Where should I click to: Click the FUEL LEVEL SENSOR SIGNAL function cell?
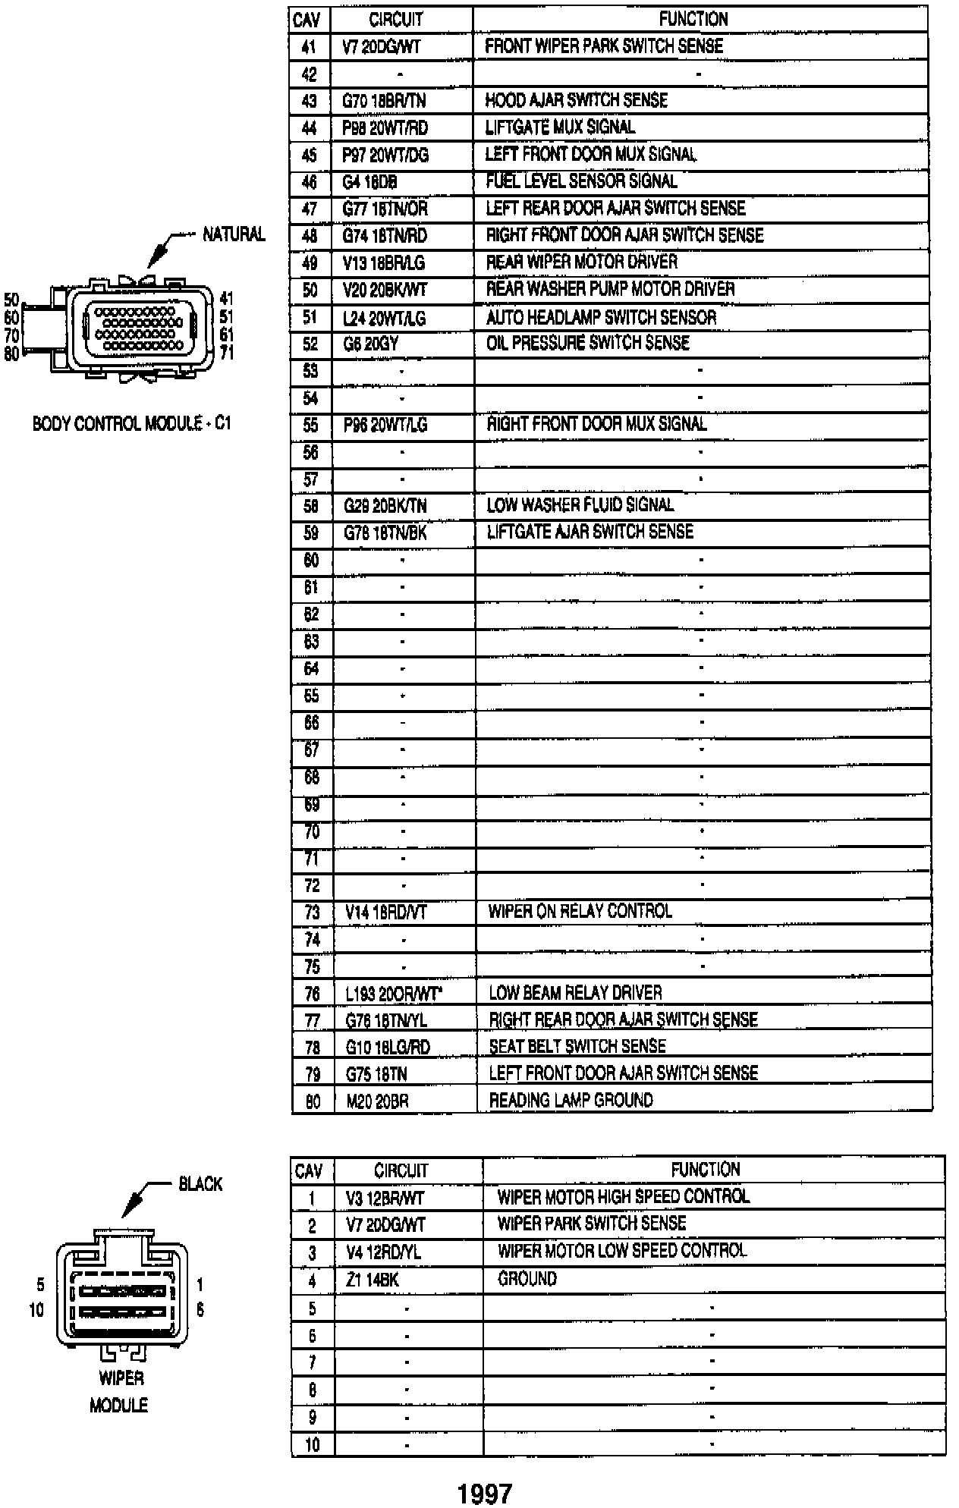(581, 181)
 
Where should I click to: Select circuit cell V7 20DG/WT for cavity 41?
(382, 47)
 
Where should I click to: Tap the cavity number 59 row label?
(311, 533)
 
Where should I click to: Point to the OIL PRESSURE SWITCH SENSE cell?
(587, 344)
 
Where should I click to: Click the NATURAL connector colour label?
(234, 234)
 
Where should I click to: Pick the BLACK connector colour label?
(200, 1184)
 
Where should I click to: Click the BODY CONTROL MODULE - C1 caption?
(131, 423)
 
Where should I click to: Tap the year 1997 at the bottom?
(485, 1494)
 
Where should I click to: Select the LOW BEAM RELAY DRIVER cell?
(575, 993)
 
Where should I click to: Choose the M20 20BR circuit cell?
(377, 1101)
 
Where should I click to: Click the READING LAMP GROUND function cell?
(571, 1101)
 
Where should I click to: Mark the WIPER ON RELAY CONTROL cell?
(580, 912)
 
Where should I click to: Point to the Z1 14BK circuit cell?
(372, 1281)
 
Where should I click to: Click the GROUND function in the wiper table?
(527, 1280)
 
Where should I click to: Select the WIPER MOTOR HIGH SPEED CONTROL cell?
(623, 1197)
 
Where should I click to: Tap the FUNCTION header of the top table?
(693, 19)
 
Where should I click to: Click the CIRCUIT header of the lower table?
(401, 1170)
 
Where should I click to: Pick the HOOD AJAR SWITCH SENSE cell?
(576, 100)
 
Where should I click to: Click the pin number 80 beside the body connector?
(11, 353)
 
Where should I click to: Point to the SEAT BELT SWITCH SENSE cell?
(577, 1047)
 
